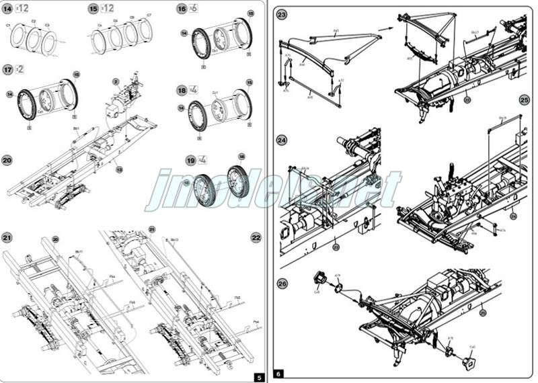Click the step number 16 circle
pyautogui.click(x=182, y=9)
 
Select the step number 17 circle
pyautogui.click(x=7, y=69)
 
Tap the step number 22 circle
pyautogui.click(x=256, y=237)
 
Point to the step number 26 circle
pyautogui.click(x=282, y=284)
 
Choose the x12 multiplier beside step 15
pyautogui.click(x=107, y=8)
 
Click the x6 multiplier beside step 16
pyautogui.click(x=193, y=9)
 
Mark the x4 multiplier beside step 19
pyautogui.click(x=202, y=160)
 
